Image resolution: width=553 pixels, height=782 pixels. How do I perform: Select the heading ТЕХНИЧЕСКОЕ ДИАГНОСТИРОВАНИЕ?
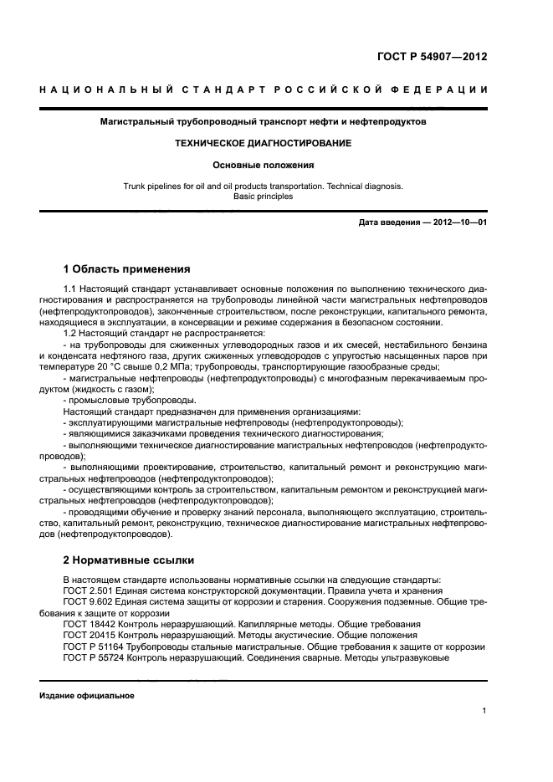click(263, 143)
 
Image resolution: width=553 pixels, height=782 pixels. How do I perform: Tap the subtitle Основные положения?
click(263, 165)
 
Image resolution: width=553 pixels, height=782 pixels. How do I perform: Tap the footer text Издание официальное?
click(87, 695)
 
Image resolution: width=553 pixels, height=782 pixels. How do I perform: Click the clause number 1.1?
click(69, 289)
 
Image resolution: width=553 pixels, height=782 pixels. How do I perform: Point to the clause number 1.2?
click(69, 333)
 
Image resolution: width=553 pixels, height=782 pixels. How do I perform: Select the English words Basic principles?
click(264, 197)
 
